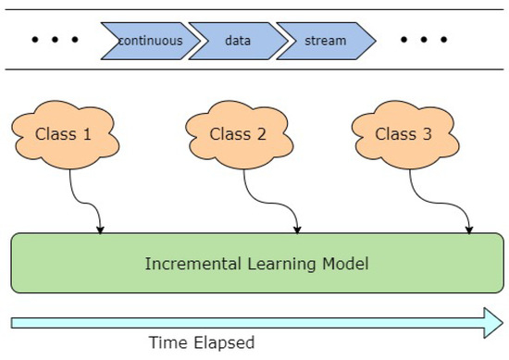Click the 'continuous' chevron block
[148, 41]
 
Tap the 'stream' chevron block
[326, 41]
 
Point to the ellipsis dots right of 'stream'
[424, 41]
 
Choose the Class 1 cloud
[64, 135]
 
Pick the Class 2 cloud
[237, 135]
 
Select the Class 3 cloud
[403, 135]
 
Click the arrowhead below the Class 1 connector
[101, 228]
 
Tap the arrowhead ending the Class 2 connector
[297, 228]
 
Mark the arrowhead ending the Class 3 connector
[470, 228]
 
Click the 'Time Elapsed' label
[202, 342]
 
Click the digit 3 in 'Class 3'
[427, 135]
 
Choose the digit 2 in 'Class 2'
[261, 135]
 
